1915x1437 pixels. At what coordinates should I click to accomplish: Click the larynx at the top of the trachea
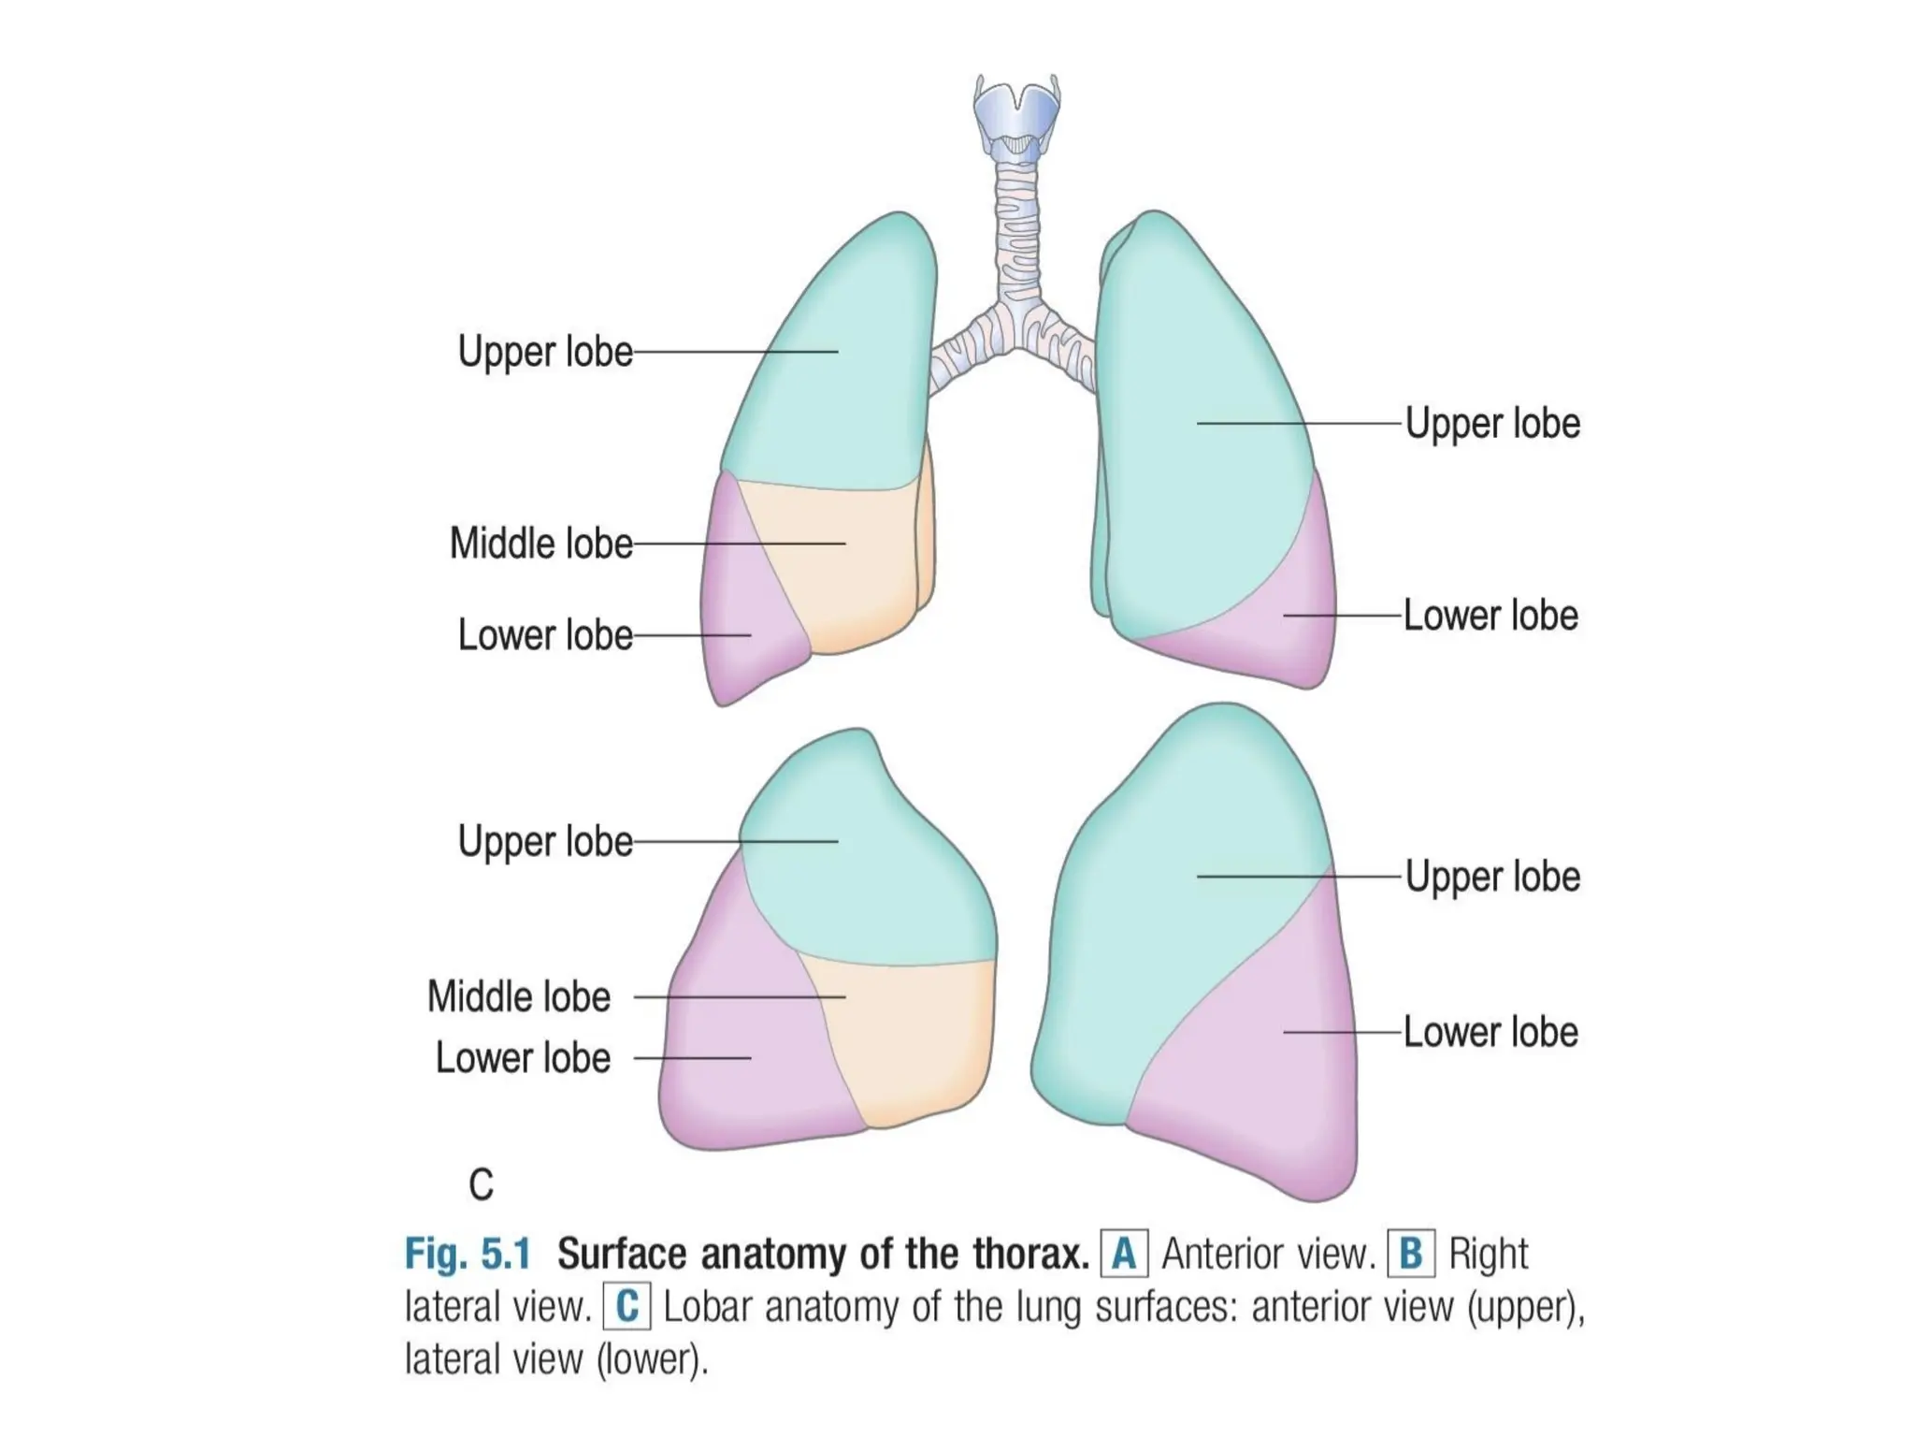pos(1015,117)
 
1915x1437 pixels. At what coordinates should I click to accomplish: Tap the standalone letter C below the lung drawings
pos(481,1185)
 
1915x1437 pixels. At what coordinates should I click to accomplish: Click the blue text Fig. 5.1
pos(467,1254)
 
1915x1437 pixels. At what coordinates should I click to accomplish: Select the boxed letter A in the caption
pos(1124,1254)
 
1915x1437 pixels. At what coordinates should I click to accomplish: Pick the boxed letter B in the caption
pos(1411,1254)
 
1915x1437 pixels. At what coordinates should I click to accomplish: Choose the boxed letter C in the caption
pos(626,1306)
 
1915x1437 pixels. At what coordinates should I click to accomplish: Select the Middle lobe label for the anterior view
pos(540,544)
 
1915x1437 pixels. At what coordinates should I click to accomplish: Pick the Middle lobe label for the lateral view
pos(519,997)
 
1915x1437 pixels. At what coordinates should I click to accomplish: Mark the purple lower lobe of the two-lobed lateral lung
pos(1253,1076)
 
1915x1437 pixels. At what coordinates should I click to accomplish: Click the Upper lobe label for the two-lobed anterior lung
pos(1492,424)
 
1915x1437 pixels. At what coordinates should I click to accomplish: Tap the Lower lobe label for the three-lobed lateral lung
pos(523,1058)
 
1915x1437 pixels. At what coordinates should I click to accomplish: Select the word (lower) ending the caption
pos(653,1358)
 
